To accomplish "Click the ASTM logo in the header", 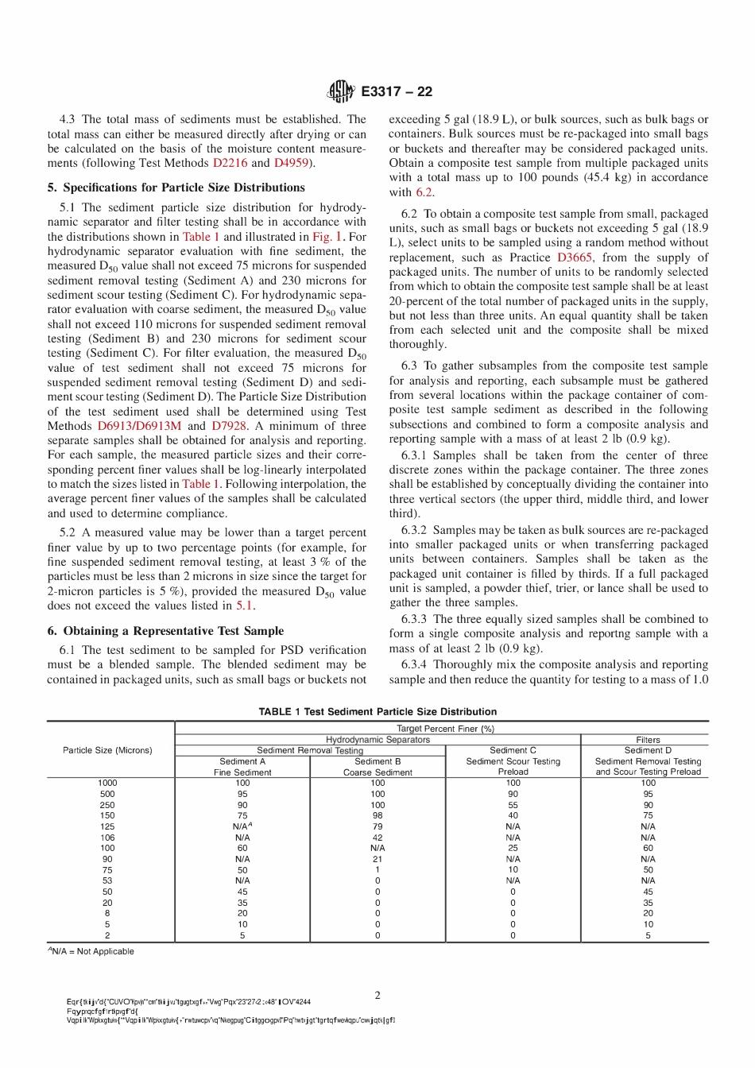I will click(x=342, y=92).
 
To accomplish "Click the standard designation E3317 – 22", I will click(x=396, y=92).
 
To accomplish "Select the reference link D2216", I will click(x=230, y=163).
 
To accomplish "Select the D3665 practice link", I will click(x=574, y=257).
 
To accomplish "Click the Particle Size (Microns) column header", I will click(x=107, y=750).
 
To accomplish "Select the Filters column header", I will click(x=648, y=740).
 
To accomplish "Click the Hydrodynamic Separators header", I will click(x=377, y=740).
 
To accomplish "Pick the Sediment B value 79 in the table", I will click(x=377, y=826).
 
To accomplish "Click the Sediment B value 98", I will click(x=377, y=815).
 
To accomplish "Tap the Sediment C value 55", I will click(x=513, y=805).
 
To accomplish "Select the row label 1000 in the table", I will click(x=107, y=783).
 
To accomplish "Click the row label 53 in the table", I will click(x=107, y=880).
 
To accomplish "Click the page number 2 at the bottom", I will click(x=377, y=995).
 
